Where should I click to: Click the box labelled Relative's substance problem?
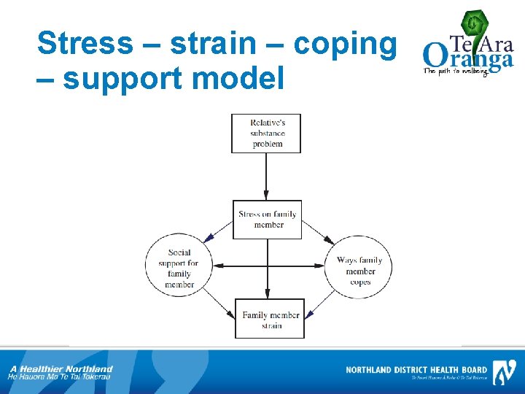pyautogui.click(x=267, y=134)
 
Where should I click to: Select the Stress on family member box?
pyautogui.click(x=267, y=220)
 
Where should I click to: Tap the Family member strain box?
pyautogui.click(x=270, y=320)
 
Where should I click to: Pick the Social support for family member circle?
pyautogui.click(x=179, y=268)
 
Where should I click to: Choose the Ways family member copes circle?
pyautogui.click(x=359, y=271)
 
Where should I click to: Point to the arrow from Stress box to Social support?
pyautogui.click(x=218, y=231)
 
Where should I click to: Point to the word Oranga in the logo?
pyautogui.click(x=467, y=57)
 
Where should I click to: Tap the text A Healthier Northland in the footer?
pyautogui.click(x=61, y=368)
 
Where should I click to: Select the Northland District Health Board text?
pyautogui.click(x=416, y=370)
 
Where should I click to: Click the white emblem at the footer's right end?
pyautogui.click(x=504, y=372)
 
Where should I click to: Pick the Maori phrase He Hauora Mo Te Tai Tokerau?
pyautogui.click(x=59, y=377)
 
